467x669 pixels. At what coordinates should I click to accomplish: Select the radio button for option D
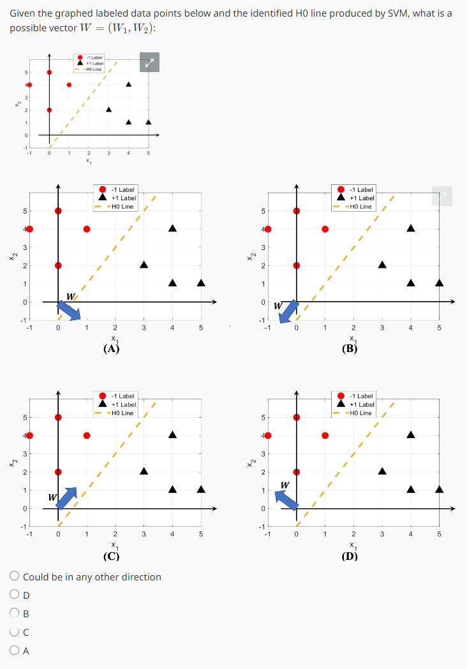point(15,595)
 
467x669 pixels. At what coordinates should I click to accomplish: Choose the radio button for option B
point(15,614)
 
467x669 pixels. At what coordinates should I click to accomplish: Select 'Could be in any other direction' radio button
point(15,577)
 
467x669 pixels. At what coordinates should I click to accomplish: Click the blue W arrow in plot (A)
point(69,309)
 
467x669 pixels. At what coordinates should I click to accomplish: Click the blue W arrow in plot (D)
point(287,499)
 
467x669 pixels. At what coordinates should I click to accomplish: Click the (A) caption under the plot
point(112,348)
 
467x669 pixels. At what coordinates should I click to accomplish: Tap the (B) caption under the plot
point(350,348)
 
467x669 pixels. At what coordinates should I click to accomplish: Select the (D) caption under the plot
point(350,555)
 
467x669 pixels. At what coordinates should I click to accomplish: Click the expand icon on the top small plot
point(149,62)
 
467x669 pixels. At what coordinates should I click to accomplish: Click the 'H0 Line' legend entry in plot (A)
point(121,206)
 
